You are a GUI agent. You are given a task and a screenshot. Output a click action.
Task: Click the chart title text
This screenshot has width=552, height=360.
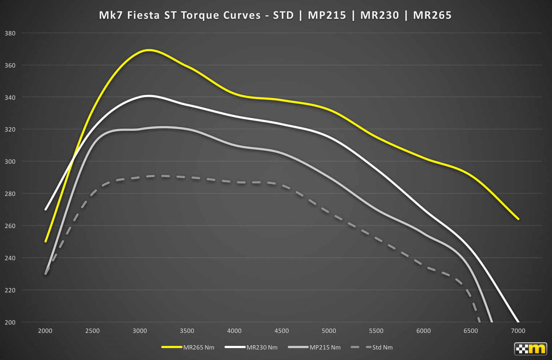point(275,15)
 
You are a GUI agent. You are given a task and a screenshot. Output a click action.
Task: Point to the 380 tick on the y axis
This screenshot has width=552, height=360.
point(10,33)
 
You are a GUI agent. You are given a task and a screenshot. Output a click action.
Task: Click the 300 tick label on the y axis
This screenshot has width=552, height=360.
point(10,162)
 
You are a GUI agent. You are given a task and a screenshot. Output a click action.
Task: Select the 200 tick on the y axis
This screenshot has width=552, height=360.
point(10,322)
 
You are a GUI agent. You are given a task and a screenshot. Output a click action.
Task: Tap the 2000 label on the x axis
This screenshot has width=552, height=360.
point(45,331)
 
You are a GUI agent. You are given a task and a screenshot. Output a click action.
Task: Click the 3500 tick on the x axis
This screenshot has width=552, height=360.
point(187,331)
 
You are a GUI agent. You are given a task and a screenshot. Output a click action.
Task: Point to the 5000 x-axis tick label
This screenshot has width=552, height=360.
point(329,331)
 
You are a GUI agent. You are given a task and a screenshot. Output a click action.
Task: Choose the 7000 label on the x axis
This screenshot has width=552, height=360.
point(518,331)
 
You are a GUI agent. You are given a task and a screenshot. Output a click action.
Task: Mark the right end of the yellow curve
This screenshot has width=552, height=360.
point(518,219)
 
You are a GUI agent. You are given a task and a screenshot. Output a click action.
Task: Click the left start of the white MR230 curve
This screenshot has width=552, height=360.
point(46,209)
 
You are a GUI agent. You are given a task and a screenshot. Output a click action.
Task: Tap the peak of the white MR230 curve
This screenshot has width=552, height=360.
point(148,96)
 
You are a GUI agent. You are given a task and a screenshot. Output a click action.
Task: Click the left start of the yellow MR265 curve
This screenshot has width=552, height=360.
point(46,241)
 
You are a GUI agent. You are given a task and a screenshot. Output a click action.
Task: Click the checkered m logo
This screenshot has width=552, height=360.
point(530,349)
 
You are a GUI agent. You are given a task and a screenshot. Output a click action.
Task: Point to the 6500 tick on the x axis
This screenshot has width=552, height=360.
point(471,331)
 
